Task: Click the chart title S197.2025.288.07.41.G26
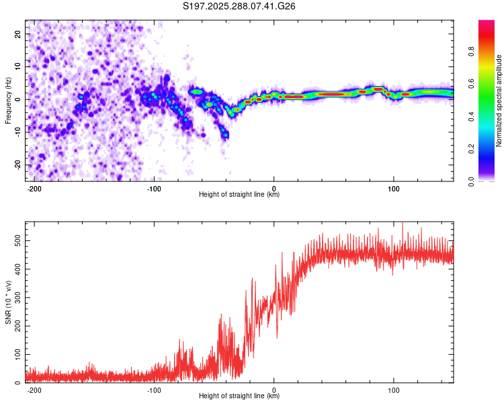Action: pyautogui.click(x=240, y=7)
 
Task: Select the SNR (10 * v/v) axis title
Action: pyautogui.click(x=8, y=302)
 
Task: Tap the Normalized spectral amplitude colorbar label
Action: pyautogui.click(x=499, y=101)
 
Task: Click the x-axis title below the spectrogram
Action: pyautogui.click(x=239, y=195)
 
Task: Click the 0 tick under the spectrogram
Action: pyautogui.click(x=274, y=188)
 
